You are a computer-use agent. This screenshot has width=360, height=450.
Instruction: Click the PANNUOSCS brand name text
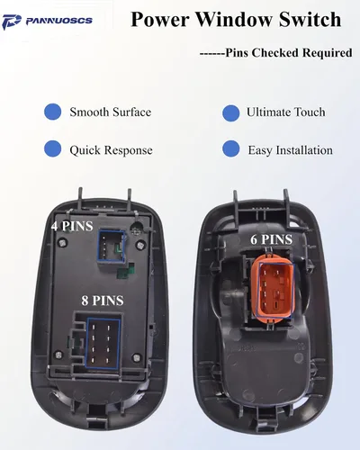pyautogui.click(x=59, y=21)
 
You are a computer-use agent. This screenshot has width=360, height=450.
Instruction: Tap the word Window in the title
pyautogui.click(x=235, y=20)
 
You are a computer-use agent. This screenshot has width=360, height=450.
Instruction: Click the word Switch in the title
pyautogui.click(x=310, y=20)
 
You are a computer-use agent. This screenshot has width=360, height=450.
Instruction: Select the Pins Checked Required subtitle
pyautogui.click(x=276, y=53)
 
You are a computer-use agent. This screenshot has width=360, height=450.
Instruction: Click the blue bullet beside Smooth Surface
pyautogui.click(x=52, y=112)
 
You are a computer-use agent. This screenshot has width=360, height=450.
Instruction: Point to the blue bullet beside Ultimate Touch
pyautogui.click(x=231, y=113)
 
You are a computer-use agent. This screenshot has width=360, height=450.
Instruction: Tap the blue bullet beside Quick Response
pyautogui.click(x=52, y=148)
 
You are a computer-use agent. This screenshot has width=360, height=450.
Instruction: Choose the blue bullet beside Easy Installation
pyautogui.click(x=231, y=148)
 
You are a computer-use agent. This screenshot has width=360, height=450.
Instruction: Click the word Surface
pyautogui.click(x=131, y=112)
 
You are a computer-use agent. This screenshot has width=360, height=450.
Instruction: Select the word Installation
pyautogui.click(x=304, y=150)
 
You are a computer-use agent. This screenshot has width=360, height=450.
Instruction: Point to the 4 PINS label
pyautogui.click(x=72, y=226)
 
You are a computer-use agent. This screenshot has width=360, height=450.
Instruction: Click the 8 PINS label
pyautogui.click(x=103, y=301)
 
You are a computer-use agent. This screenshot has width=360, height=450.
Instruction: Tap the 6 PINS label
pyautogui.click(x=272, y=239)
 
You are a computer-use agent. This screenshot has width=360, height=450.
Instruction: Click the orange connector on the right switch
pyautogui.click(x=274, y=289)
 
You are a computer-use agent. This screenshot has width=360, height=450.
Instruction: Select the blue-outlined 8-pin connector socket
pyautogui.click(x=103, y=343)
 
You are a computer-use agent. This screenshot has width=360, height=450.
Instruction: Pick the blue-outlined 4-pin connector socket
pyautogui.click(x=112, y=247)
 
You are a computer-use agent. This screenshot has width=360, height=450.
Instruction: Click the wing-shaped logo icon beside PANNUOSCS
pyautogui.click(x=12, y=22)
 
